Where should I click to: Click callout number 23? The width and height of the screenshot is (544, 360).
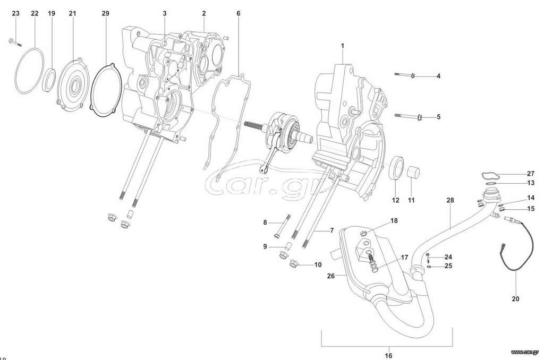pyautogui.click(x=15, y=13)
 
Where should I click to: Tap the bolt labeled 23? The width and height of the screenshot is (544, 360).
pyautogui.click(x=14, y=42)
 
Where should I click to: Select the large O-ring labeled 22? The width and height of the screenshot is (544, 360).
pyautogui.click(x=30, y=71)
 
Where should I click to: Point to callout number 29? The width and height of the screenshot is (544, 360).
pyautogui.click(x=106, y=13)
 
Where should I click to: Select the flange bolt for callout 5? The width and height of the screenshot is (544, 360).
pyautogui.click(x=409, y=116)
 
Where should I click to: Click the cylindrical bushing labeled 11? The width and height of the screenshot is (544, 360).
pyautogui.click(x=413, y=172)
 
